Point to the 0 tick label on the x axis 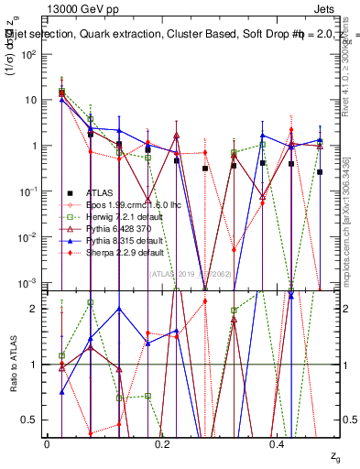47,443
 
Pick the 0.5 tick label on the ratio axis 30,420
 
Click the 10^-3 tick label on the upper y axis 27,282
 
